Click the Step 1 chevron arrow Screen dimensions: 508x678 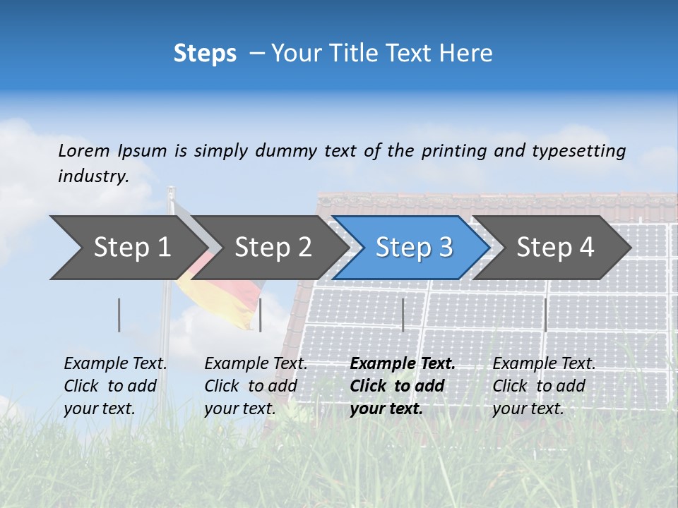[x=127, y=248]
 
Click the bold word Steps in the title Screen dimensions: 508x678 [x=205, y=54]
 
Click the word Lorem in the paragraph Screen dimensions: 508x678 [x=83, y=150]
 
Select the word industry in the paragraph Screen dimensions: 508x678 [x=93, y=176]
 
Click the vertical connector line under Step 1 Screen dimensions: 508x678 [x=119, y=315]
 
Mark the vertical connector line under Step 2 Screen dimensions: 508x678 [x=261, y=315]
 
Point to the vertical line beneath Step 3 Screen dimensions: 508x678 [x=403, y=315]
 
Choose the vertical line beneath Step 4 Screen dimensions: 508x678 [x=545, y=315]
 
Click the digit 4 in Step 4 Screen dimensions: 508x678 [x=586, y=248]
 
